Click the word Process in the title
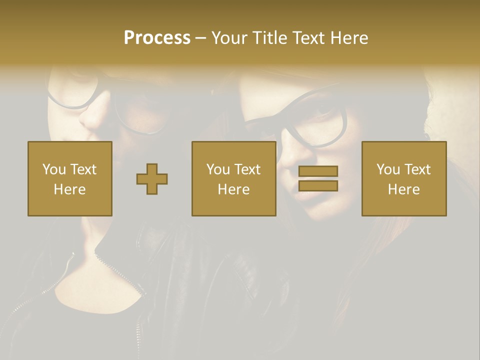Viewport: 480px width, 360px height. pos(157,38)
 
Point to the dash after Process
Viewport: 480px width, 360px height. pos(201,38)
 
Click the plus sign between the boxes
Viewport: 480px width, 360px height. pos(152,179)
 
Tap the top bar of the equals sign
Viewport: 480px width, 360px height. pos(318,171)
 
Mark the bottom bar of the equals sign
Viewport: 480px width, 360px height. pos(318,186)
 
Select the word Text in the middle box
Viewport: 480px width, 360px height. pos(247,169)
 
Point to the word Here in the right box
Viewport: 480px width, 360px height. pos(404,189)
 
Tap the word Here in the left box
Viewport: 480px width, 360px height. pos(70,189)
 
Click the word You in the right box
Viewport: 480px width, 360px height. pos(388,169)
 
